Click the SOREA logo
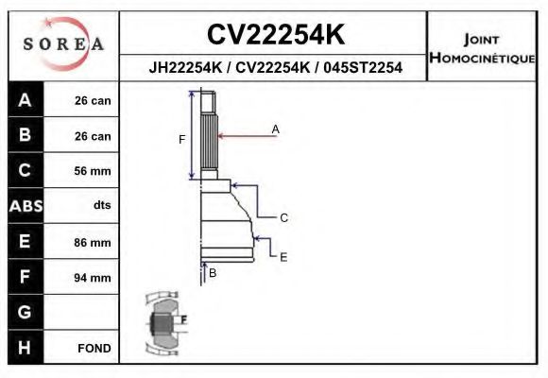63,44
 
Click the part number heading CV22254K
275,35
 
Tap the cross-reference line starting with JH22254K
275,67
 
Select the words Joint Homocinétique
482,48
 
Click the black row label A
25,101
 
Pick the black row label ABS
25,206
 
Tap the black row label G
25,311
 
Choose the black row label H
25,347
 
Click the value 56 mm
93,171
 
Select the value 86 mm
93,242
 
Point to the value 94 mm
93,277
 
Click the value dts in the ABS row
101,206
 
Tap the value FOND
94,348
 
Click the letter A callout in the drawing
276,129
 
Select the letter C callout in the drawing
283,217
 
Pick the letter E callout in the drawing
283,256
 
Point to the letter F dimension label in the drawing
181,139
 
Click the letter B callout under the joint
213,272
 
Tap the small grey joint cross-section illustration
166,320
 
